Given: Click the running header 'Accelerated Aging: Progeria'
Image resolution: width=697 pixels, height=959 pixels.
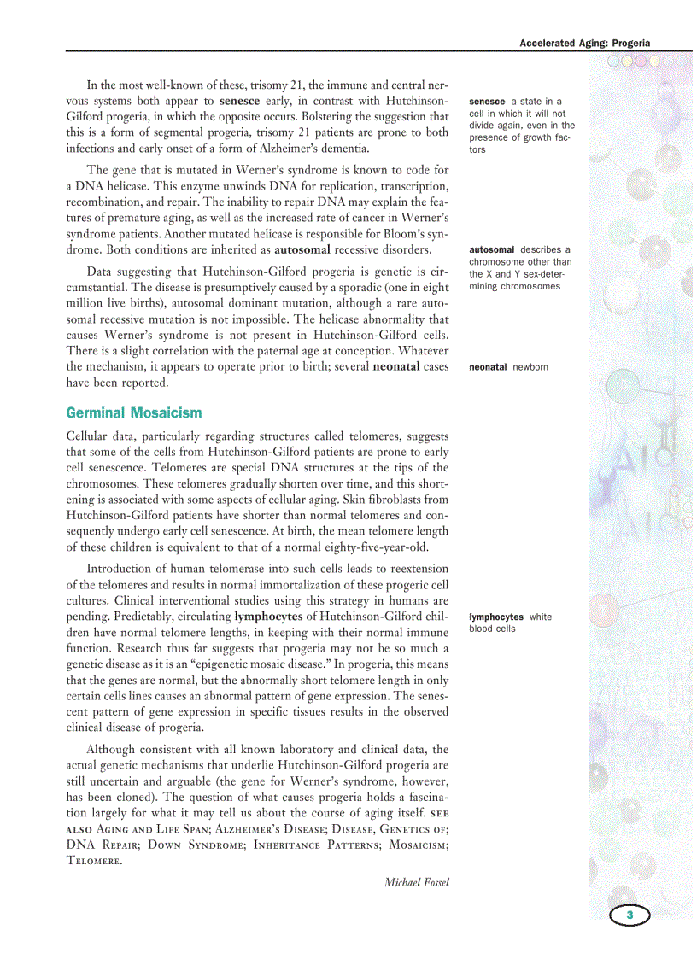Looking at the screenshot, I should [x=584, y=43].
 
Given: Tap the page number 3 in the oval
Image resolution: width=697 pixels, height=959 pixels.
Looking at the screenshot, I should [x=630, y=915].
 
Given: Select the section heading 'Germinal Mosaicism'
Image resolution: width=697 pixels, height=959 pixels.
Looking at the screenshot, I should [x=134, y=413].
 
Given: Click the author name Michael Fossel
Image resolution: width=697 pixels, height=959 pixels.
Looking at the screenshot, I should [x=416, y=882].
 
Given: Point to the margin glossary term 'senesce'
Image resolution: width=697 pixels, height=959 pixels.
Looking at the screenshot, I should [x=487, y=102].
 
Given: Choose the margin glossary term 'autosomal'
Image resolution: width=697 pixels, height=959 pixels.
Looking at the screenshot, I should [x=491, y=250].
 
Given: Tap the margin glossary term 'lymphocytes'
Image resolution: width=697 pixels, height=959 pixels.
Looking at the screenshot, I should [x=496, y=617].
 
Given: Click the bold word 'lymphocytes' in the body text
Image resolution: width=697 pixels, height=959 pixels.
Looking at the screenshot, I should [x=268, y=616].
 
